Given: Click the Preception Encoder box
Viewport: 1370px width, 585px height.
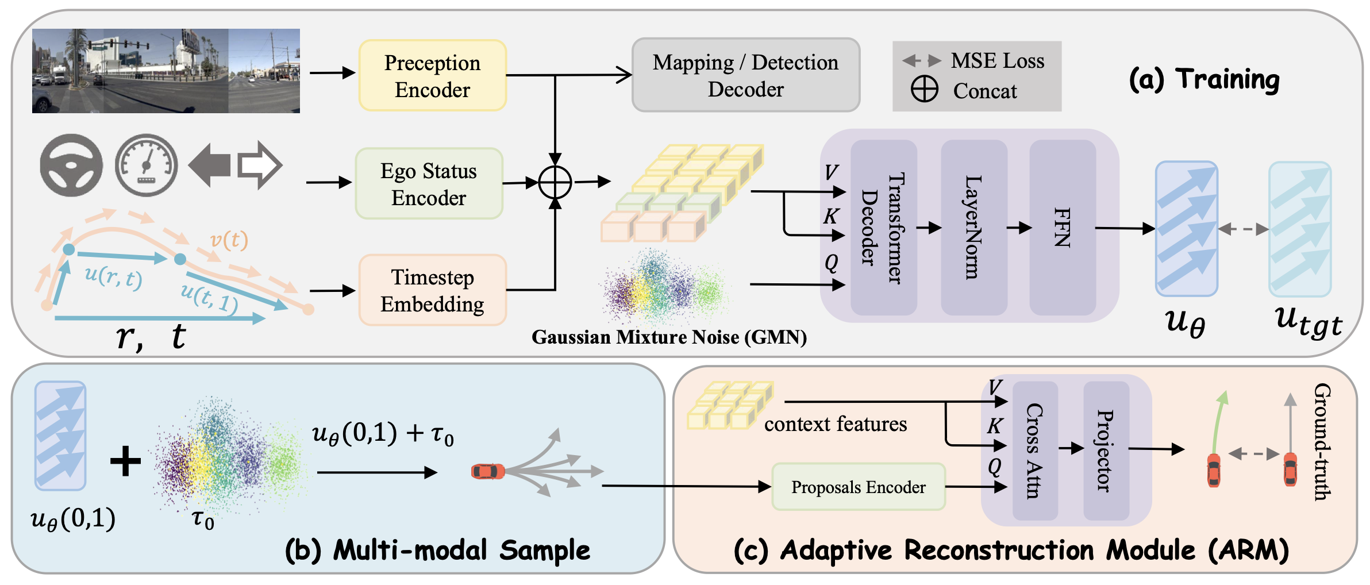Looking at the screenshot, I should coord(432,75).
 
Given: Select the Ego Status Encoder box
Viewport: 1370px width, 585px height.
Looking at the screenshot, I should coord(429,184).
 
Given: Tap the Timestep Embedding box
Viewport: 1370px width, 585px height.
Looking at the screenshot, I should coord(432,290).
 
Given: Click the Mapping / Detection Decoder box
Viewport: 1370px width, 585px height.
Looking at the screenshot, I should coord(745,75).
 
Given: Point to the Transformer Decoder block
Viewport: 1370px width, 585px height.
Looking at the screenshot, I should coord(883,228).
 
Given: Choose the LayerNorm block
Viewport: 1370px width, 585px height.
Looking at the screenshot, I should coord(973,228).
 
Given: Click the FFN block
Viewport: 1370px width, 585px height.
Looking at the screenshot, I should coord(1062,228).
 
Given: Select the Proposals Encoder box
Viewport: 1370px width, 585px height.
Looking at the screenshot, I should coord(858,487).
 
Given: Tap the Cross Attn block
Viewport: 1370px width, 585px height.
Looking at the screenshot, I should coord(1034,451).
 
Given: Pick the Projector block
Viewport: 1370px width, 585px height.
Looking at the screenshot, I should coord(1106,451).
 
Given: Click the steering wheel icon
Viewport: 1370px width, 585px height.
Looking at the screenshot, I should coord(71,166).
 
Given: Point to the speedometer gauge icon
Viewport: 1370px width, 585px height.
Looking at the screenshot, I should coord(147,166).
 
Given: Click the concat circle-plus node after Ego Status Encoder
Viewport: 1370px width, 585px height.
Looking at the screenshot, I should coord(555,183).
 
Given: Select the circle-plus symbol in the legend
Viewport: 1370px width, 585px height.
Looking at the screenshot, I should coord(924,90).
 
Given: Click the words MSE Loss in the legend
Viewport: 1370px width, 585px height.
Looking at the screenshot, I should coord(997,60).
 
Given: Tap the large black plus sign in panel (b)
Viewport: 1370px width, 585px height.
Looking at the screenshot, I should coord(125,461).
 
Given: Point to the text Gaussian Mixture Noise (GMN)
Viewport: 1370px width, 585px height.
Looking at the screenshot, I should coord(669,337).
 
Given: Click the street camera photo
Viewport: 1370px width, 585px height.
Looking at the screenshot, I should coord(166,71).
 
